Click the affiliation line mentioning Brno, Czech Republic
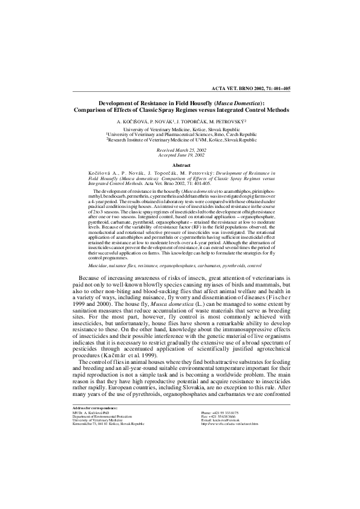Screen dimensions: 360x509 (180, 134)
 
